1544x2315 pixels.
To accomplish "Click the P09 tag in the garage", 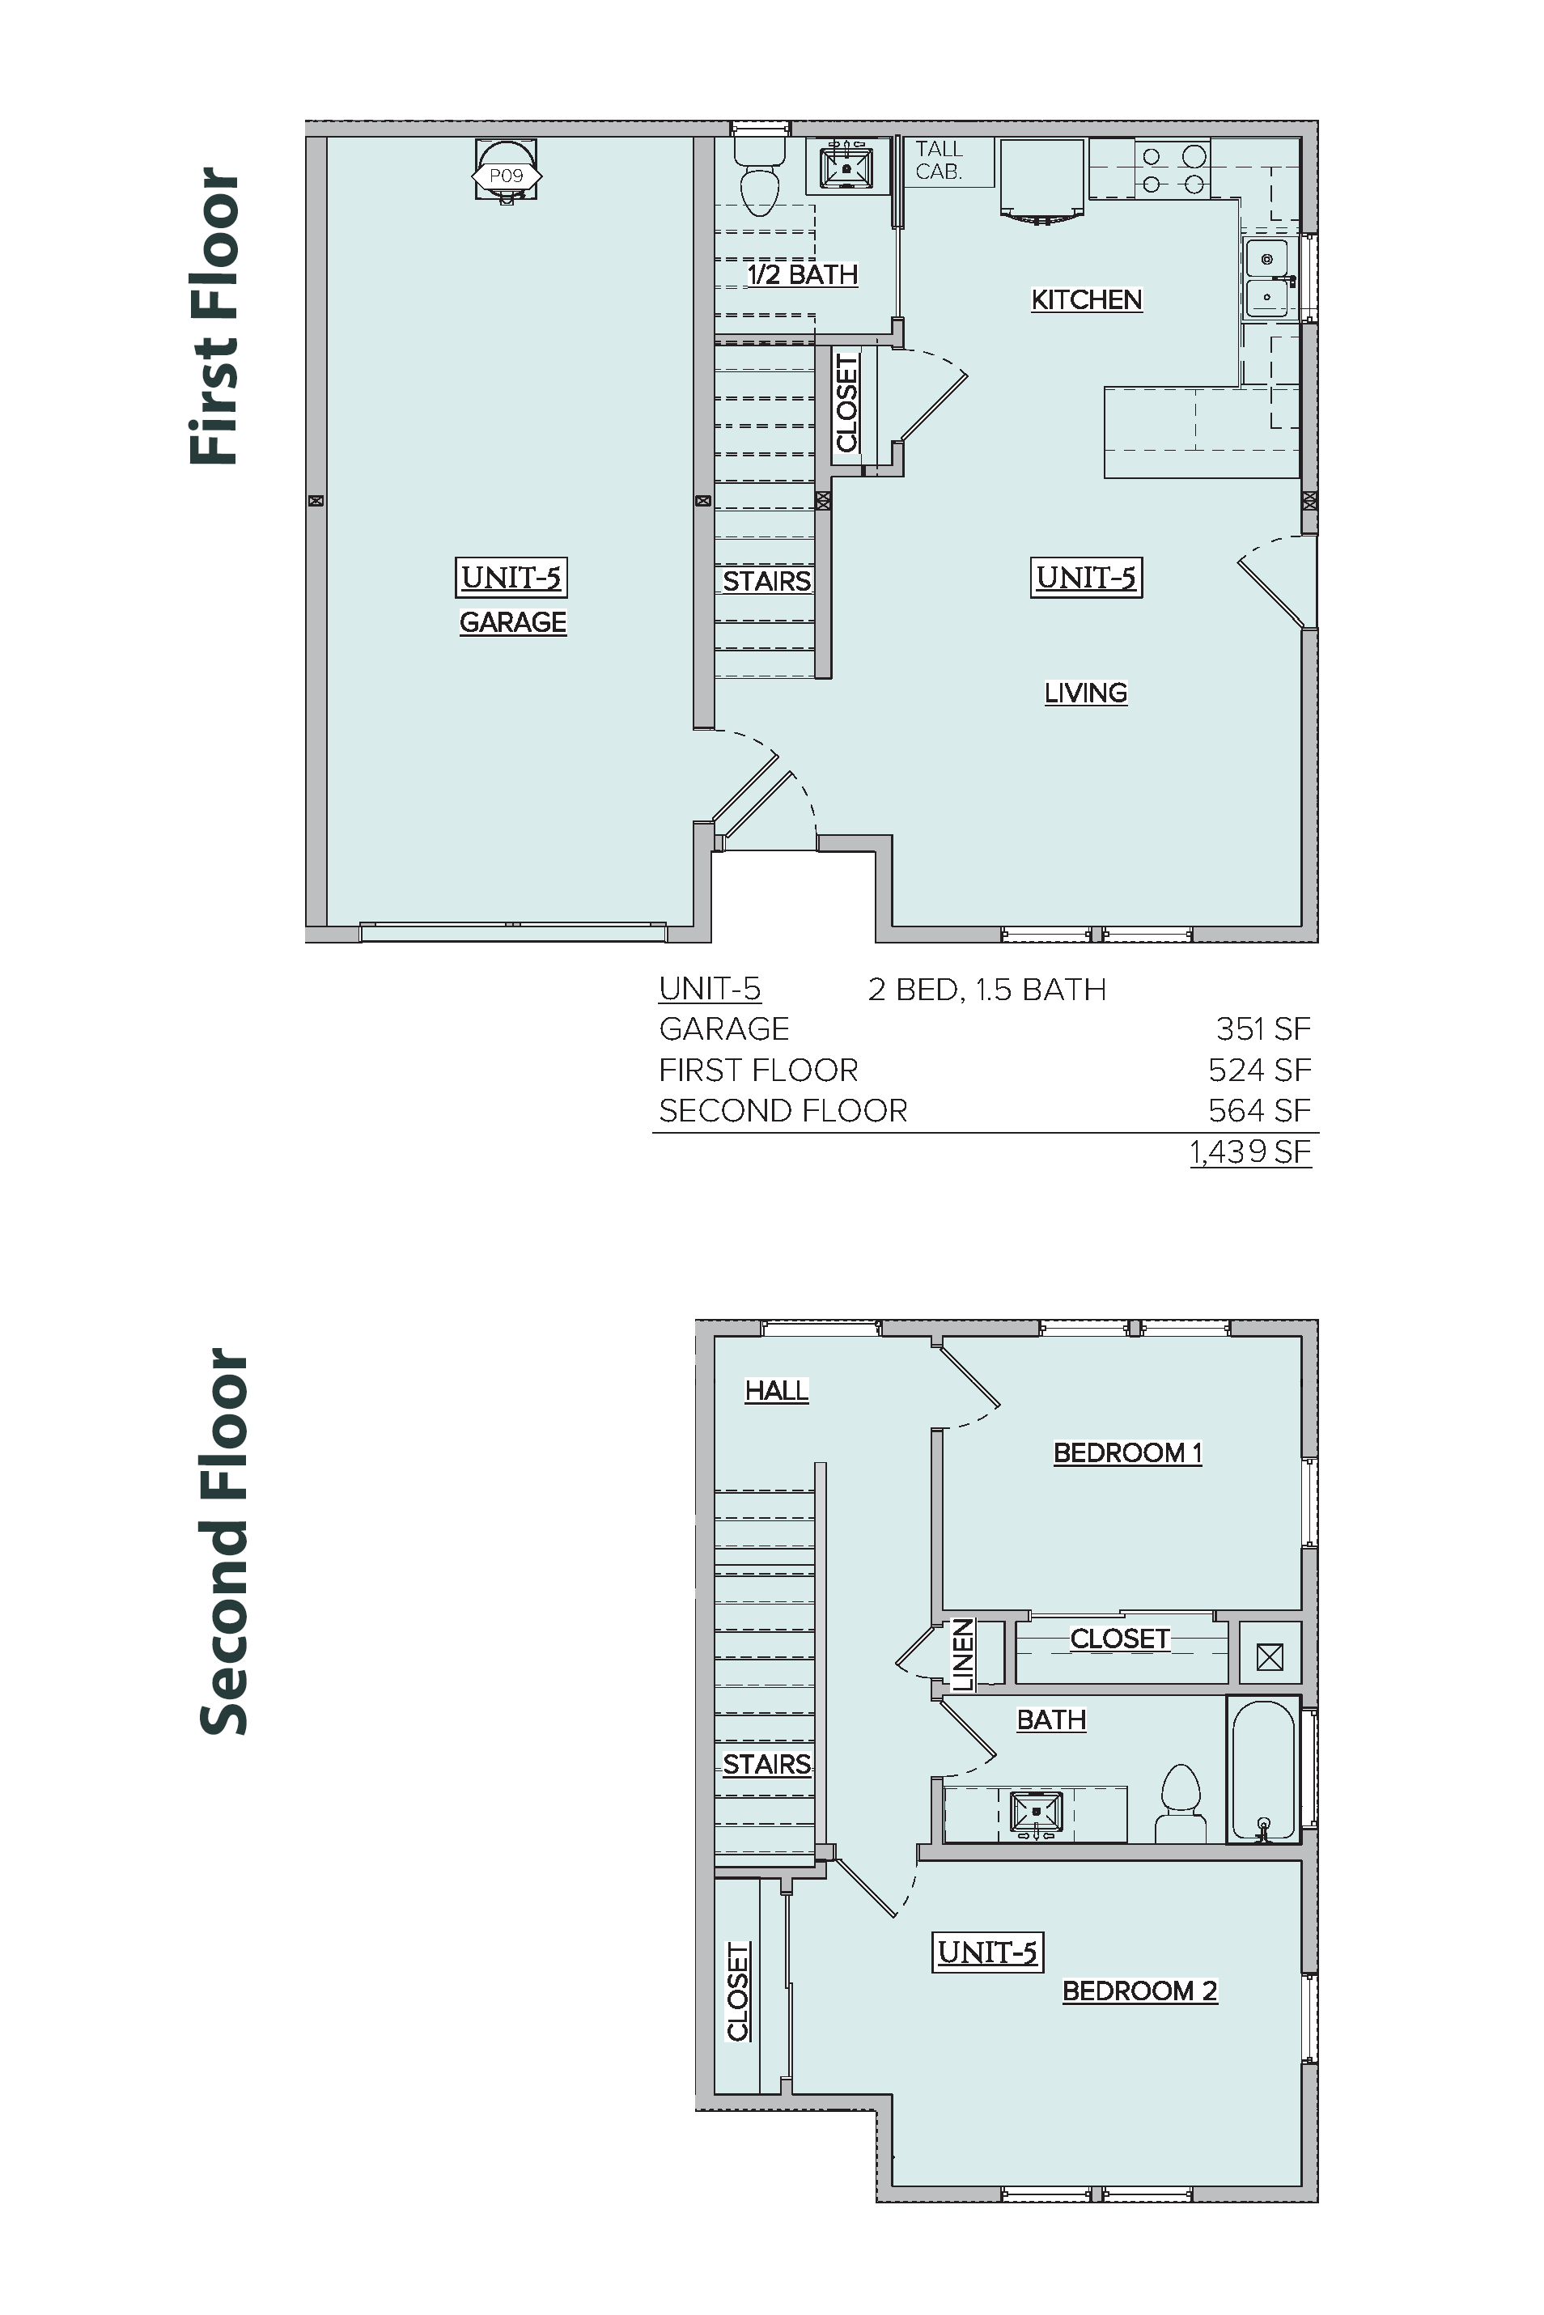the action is pyautogui.click(x=506, y=176).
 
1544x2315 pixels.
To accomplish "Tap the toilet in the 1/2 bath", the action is pyautogui.click(x=760, y=176).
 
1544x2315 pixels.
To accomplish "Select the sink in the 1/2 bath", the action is pyautogui.click(x=846, y=167).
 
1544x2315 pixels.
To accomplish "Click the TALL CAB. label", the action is pyautogui.click(x=939, y=160).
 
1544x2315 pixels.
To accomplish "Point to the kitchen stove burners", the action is pyautogui.click(x=1173, y=168).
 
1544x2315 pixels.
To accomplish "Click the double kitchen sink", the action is pyautogui.click(x=1266, y=278).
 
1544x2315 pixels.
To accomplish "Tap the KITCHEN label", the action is pyautogui.click(x=1086, y=299).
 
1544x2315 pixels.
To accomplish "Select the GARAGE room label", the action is pyautogui.click(x=513, y=622).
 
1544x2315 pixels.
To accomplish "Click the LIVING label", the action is pyautogui.click(x=1085, y=693).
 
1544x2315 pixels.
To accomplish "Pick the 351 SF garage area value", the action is pyautogui.click(x=1263, y=1029).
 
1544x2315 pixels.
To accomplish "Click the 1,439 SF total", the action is pyautogui.click(x=1250, y=1151).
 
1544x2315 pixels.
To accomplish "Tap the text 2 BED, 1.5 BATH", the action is pyautogui.click(x=986, y=990).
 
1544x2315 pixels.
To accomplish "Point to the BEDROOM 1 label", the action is pyautogui.click(x=1127, y=1452).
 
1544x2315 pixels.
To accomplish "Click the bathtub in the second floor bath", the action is pyautogui.click(x=1263, y=1769).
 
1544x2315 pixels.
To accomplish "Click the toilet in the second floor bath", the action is pyautogui.click(x=1181, y=1803).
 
